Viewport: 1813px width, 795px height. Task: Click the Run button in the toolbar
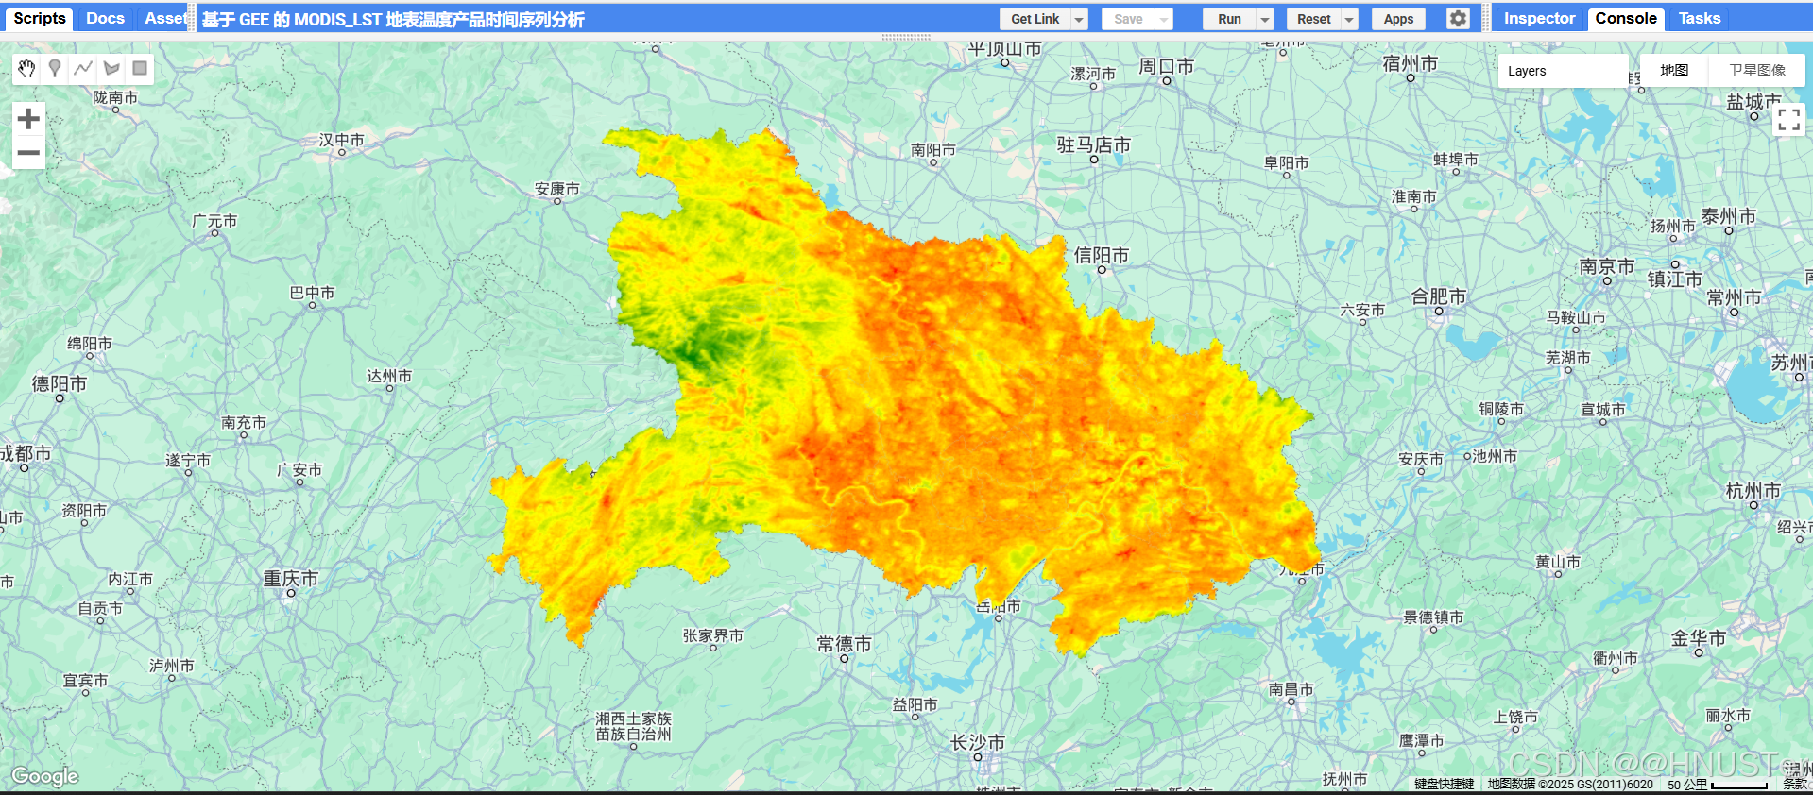[x=1228, y=19]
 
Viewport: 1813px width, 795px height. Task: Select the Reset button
[x=1313, y=19]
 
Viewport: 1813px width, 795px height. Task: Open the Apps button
[x=1398, y=19]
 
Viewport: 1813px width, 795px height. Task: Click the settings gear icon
[x=1458, y=19]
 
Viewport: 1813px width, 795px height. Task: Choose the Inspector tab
[x=1539, y=19]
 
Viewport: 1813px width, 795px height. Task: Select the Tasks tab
[x=1699, y=19]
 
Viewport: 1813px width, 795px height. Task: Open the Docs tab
[x=105, y=19]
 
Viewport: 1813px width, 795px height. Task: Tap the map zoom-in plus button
[x=28, y=119]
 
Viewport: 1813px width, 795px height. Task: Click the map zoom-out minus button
[x=28, y=152]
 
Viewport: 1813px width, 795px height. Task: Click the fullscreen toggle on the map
[x=1788, y=119]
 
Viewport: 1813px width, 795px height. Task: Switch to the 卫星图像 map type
[x=1756, y=71]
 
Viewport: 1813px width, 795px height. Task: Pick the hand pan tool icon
[x=26, y=68]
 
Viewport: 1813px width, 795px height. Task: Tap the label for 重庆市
[x=290, y=579]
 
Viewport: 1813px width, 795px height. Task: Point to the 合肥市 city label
[x=1438, y=296]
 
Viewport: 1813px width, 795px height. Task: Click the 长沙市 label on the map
[x=977, y=743]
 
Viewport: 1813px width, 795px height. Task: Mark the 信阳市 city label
[x=1101, y=255]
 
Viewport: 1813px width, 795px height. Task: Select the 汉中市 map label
[x=341, y=140]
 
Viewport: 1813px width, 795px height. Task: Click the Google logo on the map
[x=44, y=776]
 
